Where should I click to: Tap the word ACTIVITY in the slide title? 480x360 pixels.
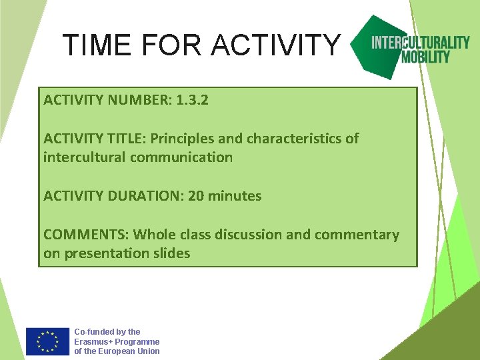(x=275, y=45)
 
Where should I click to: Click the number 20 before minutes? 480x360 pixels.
(x=196, y=196)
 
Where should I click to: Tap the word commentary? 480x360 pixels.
(x=357, y=235)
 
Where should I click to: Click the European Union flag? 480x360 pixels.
(x=47, y=341)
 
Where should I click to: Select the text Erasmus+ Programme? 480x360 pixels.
(x=117, y=341)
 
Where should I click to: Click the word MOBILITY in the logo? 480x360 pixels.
(x=425, y=57)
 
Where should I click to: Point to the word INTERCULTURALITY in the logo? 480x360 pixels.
(x=420, y=43)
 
